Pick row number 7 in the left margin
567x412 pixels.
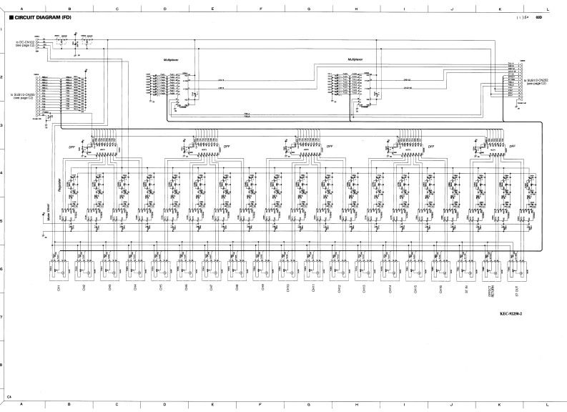point(3,317)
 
